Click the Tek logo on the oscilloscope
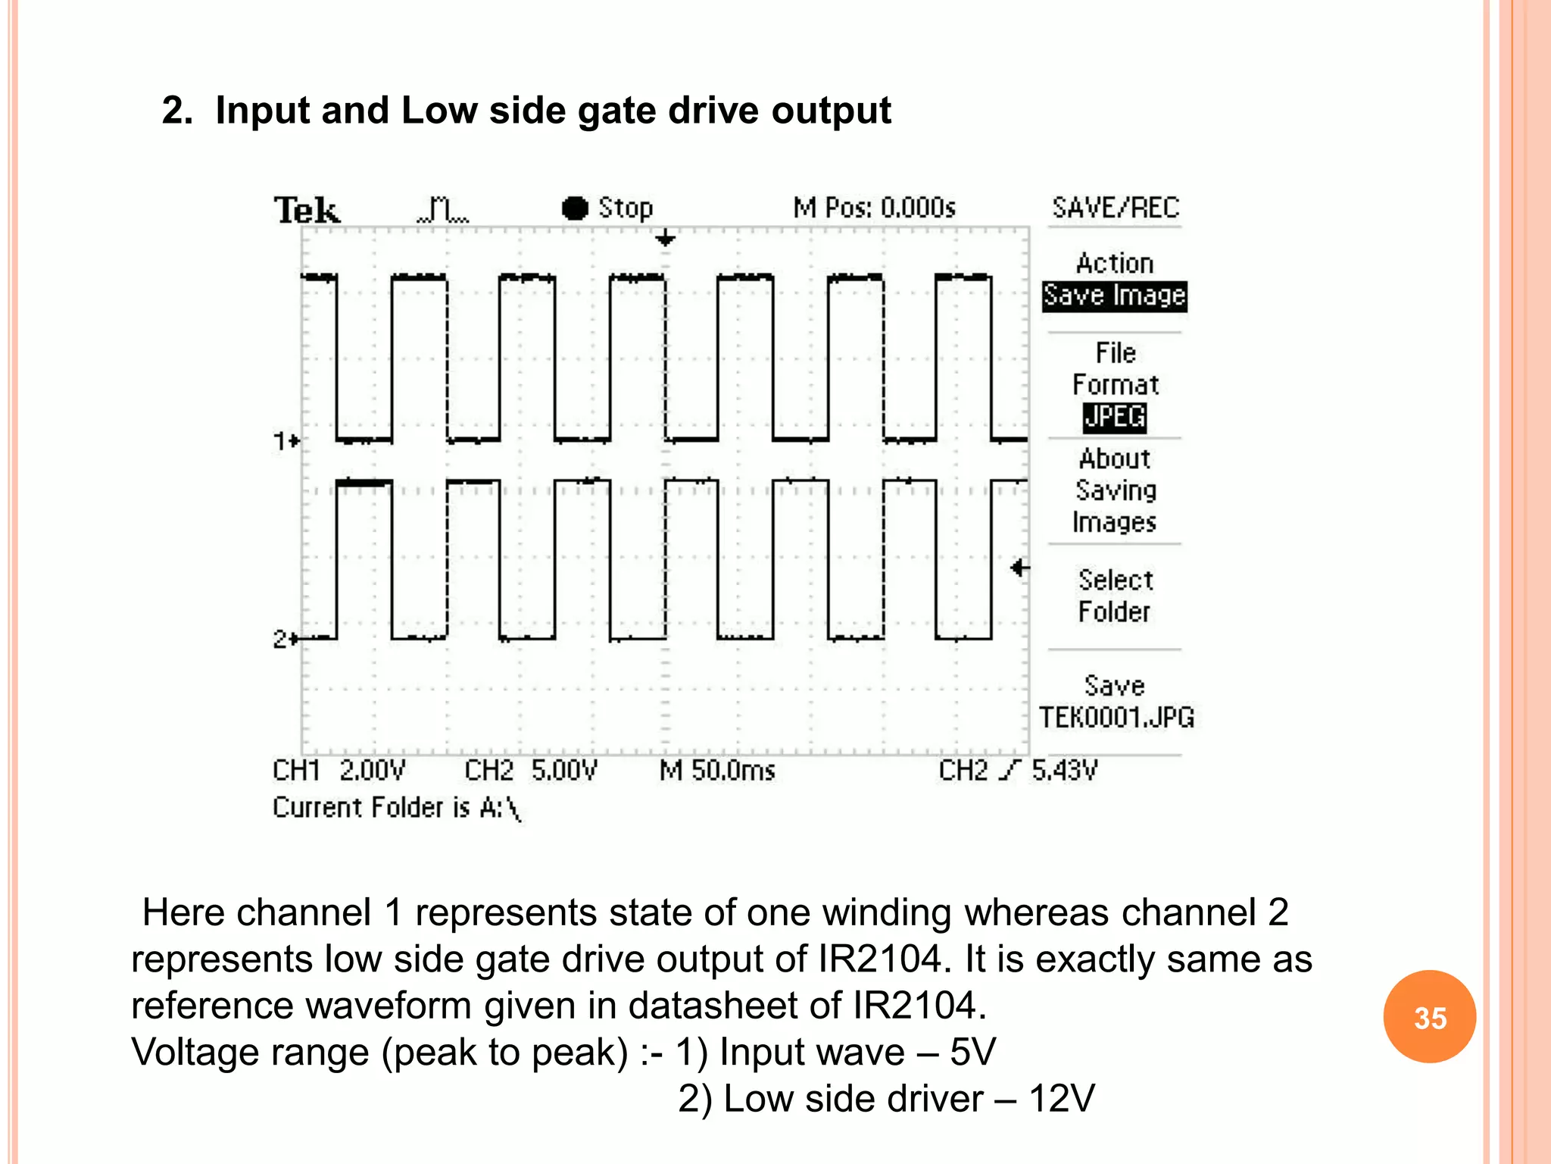(307, 210)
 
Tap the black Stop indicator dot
(575, 208)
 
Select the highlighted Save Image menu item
(1114, 296)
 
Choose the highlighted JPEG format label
(1114, 417)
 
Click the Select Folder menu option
(1115, 596)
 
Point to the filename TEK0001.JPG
(1116, 717)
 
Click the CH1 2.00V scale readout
(339, 771)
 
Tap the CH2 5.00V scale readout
(530, 771)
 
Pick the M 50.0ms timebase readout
(717, 771)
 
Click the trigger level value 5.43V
(1064, 771)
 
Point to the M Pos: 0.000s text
(874, 208)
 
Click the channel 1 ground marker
(286, 440)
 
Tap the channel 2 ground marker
(286, 639)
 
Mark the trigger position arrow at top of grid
(665, 239)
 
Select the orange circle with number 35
(1429, 1017)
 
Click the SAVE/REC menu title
(1116, 208)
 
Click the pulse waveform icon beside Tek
(443, 209)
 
